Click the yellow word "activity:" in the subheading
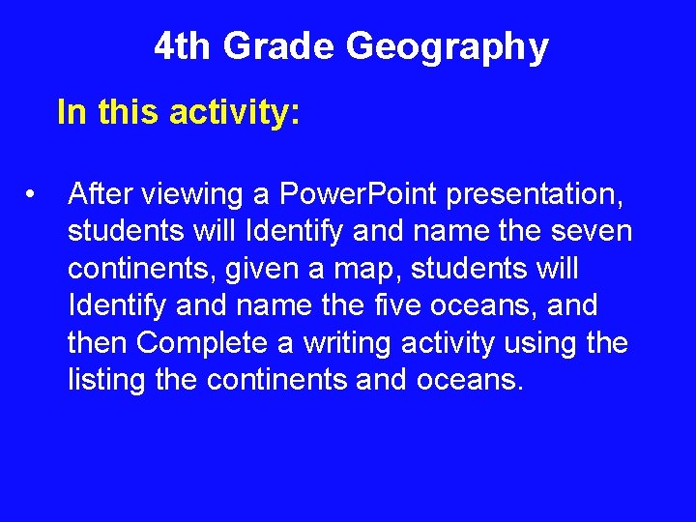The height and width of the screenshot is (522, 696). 235,113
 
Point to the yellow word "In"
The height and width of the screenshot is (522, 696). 71,113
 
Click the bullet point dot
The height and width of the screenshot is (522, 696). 33,195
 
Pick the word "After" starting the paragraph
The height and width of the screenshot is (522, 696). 101,195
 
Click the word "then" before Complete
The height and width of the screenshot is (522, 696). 98,343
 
